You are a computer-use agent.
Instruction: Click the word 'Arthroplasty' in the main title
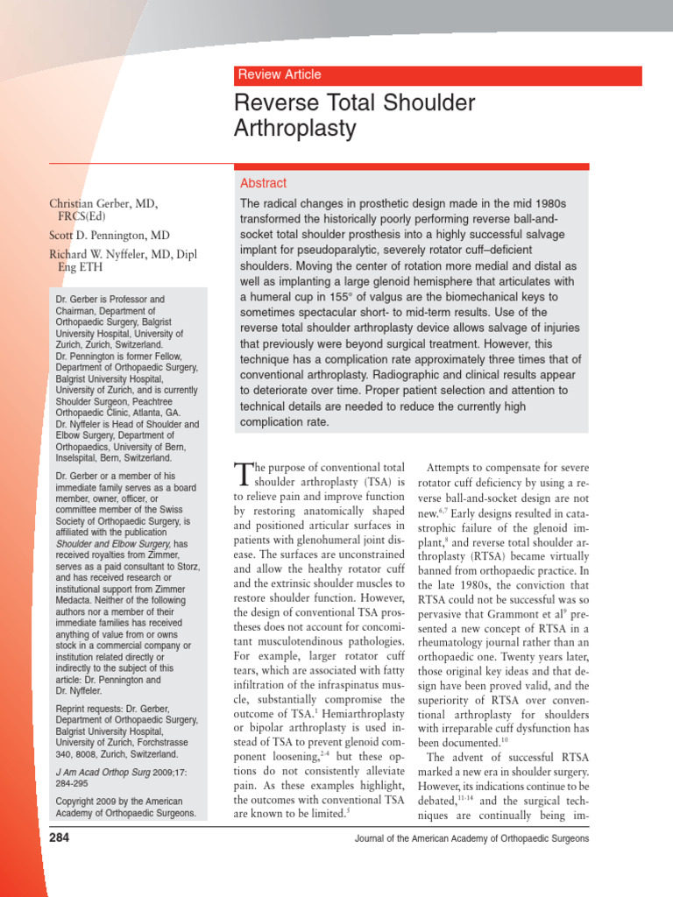point(295,130)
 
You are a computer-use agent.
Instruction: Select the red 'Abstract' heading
point(263,183)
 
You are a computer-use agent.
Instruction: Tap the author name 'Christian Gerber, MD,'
point(103,203)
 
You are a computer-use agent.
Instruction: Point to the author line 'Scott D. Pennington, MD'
point(110,236)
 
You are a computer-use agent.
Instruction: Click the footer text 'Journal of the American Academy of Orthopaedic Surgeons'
point(471,839)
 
